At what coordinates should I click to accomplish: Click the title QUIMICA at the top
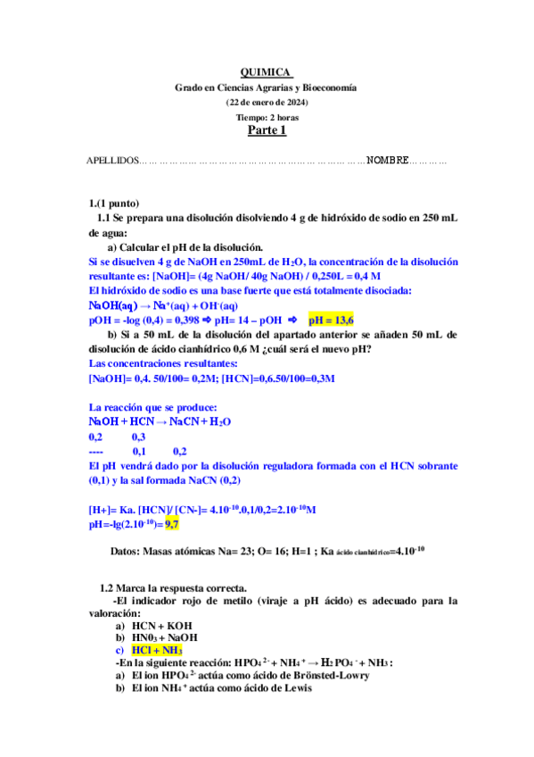[267, 73]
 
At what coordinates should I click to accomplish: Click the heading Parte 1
[267, 131]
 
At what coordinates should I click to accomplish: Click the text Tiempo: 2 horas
[267, 117]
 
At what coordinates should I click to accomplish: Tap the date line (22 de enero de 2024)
[267, 103]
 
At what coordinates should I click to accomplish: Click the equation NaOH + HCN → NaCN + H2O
[160, 421]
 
